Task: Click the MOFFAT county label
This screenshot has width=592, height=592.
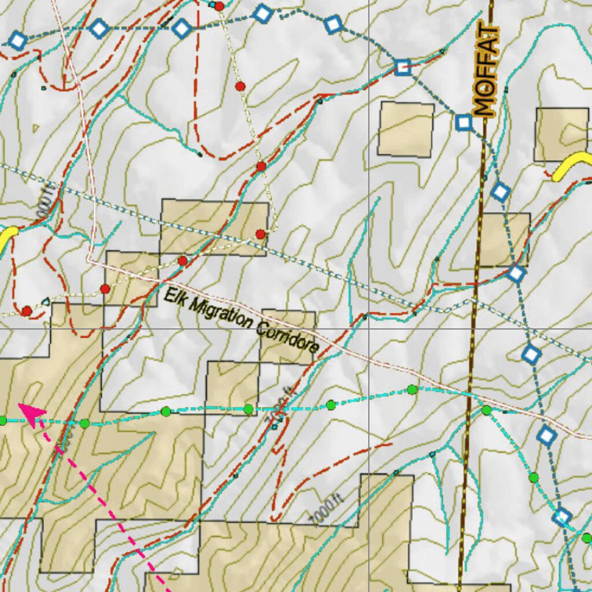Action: pyautogui.click(x=484, y=71)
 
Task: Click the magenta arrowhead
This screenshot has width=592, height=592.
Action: pyautogui.click(x=32, y=413)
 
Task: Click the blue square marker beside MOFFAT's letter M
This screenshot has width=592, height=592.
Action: pyautogui.click(x=464, y=123)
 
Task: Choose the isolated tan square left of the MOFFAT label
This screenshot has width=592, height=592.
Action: pyautogui.click(x=406, y=129)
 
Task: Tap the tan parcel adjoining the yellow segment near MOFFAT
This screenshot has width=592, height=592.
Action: pyautogui.click(x=561, y=134)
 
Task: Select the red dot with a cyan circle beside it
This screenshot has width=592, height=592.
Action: pyautogui.click(x=219, y=6)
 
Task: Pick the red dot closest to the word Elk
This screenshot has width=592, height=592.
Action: pyautogui.click(x=183, y=261)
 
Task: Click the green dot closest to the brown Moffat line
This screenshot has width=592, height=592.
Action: pyautogui.click(x=486, y=410)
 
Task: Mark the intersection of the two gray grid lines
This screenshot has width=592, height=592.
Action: pyautogui.click(x=369, y=328)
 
